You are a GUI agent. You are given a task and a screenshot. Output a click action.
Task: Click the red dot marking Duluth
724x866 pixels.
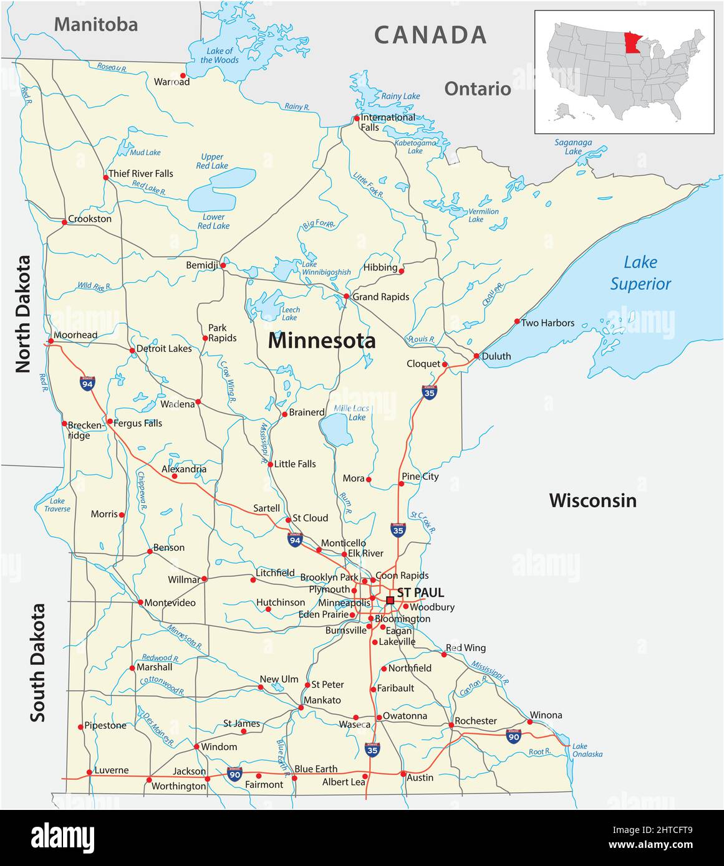coord(476,356)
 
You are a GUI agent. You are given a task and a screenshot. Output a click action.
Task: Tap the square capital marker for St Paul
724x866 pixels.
coord(390,600)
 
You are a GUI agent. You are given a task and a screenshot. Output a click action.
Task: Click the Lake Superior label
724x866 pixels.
coord(640,274)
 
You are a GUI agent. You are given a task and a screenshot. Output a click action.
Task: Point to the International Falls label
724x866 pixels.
coord(387,122)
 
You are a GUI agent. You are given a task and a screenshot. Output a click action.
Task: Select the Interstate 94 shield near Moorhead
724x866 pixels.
coord(87,383)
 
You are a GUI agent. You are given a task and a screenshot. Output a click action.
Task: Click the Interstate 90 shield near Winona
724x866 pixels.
coord(513,736)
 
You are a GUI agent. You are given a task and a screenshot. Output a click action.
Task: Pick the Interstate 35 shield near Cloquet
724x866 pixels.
coord(429,392)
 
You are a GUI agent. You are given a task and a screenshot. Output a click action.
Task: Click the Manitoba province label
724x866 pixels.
coord(95,24)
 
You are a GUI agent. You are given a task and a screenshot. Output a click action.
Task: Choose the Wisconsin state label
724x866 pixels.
coord(592,500)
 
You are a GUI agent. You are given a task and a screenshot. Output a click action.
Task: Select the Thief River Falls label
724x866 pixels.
coord(141,173)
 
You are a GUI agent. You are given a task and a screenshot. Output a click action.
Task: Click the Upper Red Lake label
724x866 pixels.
coord(212,161)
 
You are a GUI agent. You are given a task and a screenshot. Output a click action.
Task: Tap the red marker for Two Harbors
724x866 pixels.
coord(517,321)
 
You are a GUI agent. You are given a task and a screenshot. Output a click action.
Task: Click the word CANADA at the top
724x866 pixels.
coord(430,35)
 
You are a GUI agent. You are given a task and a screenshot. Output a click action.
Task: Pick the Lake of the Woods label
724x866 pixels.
coord(220,55)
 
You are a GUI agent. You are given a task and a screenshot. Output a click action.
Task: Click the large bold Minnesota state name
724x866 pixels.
coord(322,341)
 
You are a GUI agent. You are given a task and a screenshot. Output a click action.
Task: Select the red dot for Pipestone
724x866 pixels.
coord(80,726)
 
